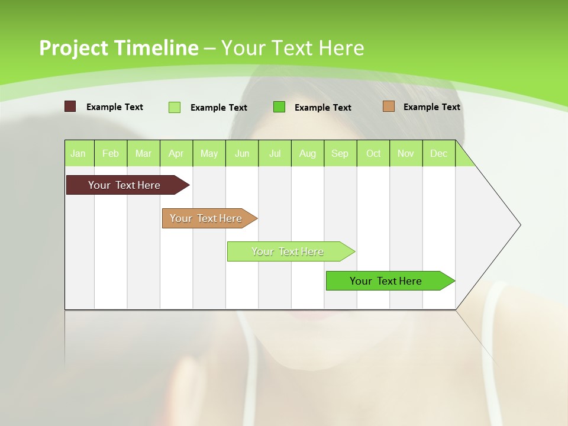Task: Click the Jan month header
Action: [x=78, y=154]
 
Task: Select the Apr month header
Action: [x=176, y=154]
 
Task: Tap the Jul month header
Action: [x=275, y=154]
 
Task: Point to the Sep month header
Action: [x=340, y=154]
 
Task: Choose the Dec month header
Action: [x=438, y=154]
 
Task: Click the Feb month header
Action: [x=111, y=154]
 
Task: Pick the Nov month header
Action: [x=406, y=154]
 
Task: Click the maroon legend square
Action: [x=70, y=106]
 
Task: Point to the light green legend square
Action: [x=174, y=107]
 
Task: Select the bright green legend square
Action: [x=279, y=106]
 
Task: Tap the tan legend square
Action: [x=389, y=106]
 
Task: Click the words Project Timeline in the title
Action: [x=118, y=48]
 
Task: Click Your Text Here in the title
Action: [x=293, y=48]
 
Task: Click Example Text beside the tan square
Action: [x=431, y=107]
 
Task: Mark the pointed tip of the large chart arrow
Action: [x=519, y=225]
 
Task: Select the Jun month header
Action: [x=242, y=154]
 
